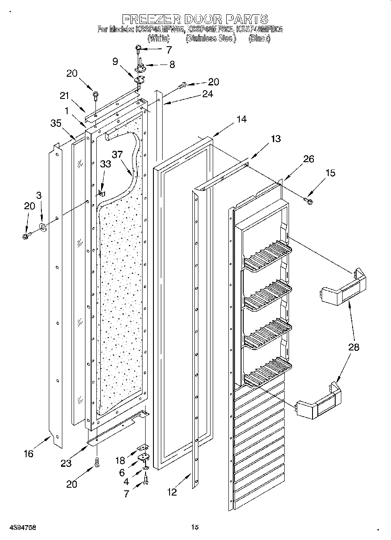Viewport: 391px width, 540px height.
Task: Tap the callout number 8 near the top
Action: click(172, 65)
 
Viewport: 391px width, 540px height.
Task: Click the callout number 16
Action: click(28, 454)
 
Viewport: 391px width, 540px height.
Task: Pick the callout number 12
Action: click(172, 492)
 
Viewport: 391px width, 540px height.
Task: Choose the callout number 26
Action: click(308, 159)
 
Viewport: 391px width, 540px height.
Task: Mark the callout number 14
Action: click(241, 119)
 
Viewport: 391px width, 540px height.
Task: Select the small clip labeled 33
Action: click(101, 192)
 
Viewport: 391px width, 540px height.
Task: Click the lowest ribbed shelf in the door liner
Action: click(267, 370)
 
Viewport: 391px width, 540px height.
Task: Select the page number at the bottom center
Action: click(195, 527)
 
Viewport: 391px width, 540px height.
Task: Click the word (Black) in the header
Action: click(259, 38)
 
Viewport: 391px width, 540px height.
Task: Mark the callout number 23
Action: click(66, 463)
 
